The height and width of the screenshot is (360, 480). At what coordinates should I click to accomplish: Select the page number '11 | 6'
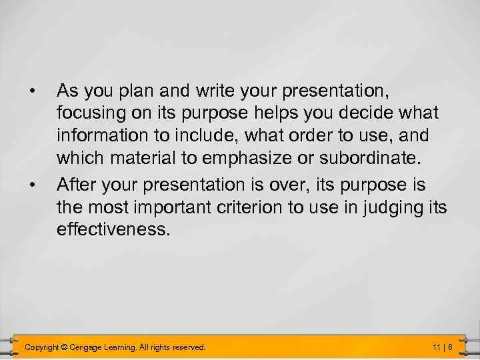click(443, 347)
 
